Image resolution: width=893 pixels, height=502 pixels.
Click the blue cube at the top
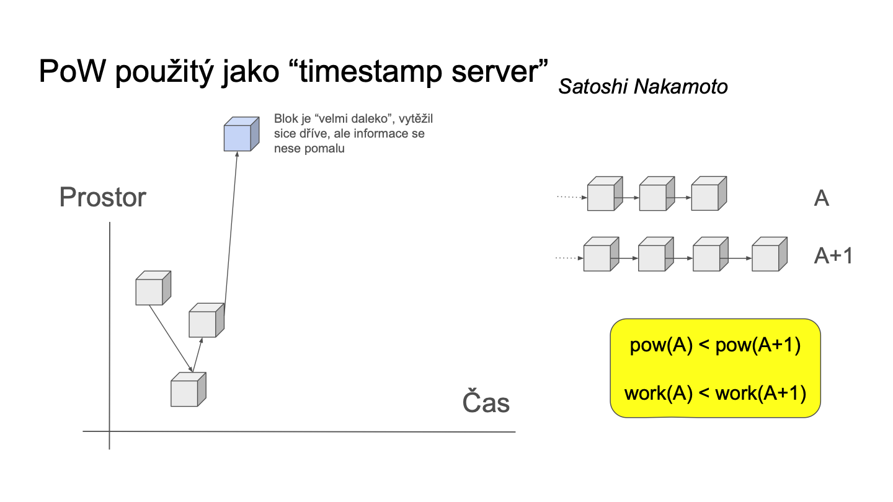(x=241, y=134)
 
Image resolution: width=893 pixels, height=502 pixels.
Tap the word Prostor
(x=103, y=197)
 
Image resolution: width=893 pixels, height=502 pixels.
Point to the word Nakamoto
(x=680, y=87)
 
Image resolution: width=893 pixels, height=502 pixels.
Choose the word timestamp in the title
(x=370, y=72)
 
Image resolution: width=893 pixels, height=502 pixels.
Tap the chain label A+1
(x=833, y=255)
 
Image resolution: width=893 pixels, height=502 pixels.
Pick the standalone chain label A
(x=821, y=198)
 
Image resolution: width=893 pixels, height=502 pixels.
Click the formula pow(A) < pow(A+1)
(x=715, y=345)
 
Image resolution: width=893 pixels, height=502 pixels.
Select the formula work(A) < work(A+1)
(x=715, y=393)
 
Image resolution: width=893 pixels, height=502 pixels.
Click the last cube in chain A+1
(x=770, y=254)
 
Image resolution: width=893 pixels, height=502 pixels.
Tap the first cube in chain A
(x=605, y=193)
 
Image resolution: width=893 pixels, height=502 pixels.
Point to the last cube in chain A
(x=709, y=193)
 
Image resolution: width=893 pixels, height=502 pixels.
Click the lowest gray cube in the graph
(x=188, y=389)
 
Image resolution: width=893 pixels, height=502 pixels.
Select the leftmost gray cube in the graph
(x=153, y=288)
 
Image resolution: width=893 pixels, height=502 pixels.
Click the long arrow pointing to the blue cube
(x=231, y=234)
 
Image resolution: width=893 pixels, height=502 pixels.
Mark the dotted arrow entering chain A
(x=572, y=197)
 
